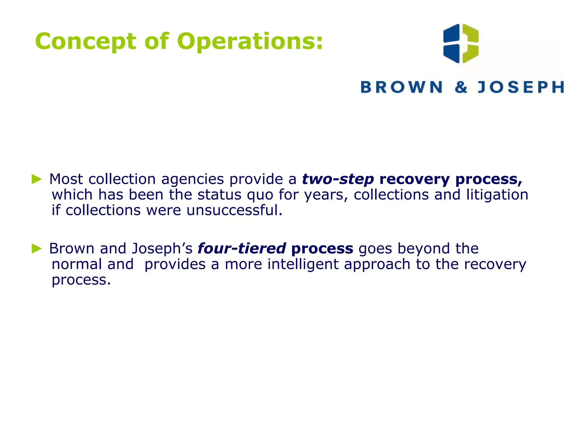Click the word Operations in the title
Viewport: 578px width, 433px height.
click(x=250, y=41)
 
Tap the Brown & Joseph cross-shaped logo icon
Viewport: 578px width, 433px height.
click(x=461, y=44)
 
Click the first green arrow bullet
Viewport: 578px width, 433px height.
click(x=37, y=179)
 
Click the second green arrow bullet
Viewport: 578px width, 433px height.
click(x=37, y=248)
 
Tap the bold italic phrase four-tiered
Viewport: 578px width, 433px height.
click(x=242, y=249)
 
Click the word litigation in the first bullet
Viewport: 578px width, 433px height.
click(x=497, y=195)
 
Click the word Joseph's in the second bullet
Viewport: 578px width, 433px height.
click(x=162, y=249)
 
